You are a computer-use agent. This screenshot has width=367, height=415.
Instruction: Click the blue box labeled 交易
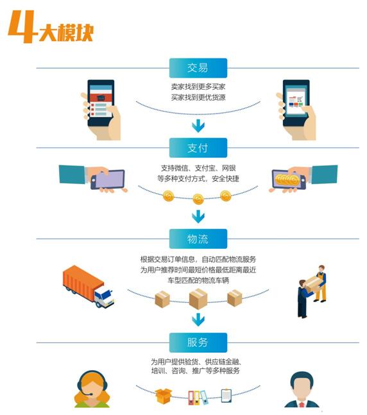(198, 68)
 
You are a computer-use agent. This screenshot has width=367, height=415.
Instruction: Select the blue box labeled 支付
(198, 148)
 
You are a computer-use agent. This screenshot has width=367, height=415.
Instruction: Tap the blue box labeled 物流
(198, 239)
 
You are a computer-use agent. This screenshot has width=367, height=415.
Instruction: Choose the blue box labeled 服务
(198, 343)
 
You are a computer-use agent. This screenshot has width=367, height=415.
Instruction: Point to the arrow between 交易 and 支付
(198, 126)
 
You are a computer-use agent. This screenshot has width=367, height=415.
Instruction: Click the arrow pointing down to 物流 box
(198, 217)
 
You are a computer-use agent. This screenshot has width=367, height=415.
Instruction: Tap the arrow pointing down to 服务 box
(198, 319)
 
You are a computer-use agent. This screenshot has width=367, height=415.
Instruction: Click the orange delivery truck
(88, 286)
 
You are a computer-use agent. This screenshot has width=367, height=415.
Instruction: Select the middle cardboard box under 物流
(198, 299)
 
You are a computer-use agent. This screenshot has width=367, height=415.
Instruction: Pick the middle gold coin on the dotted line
(198, 199)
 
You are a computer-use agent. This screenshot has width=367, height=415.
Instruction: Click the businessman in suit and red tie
(302, 389)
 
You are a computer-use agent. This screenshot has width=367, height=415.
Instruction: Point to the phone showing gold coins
(289, 180)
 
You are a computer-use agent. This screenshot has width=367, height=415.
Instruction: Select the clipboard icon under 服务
(226, 396)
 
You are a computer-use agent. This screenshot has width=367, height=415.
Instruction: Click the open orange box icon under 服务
(164, 396)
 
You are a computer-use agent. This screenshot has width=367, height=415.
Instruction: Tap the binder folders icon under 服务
(197, 398)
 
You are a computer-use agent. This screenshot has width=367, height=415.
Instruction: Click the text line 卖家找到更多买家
(198, 87)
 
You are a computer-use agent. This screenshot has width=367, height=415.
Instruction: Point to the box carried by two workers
(314, 284)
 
